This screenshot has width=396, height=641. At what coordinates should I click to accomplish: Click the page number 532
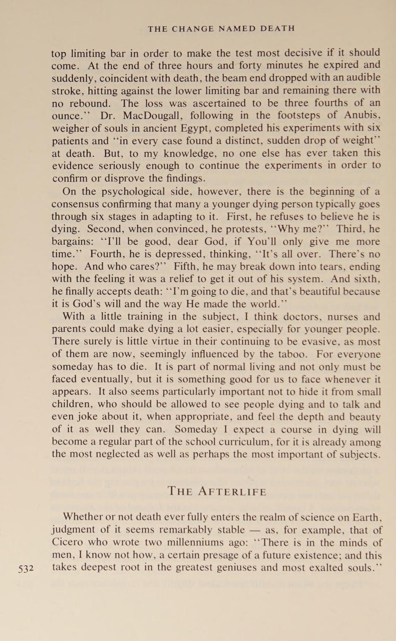tap(26, 569)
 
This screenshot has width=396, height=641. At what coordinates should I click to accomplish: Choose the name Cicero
tap(68, 543)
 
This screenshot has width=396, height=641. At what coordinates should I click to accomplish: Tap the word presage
tap(234, 556)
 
